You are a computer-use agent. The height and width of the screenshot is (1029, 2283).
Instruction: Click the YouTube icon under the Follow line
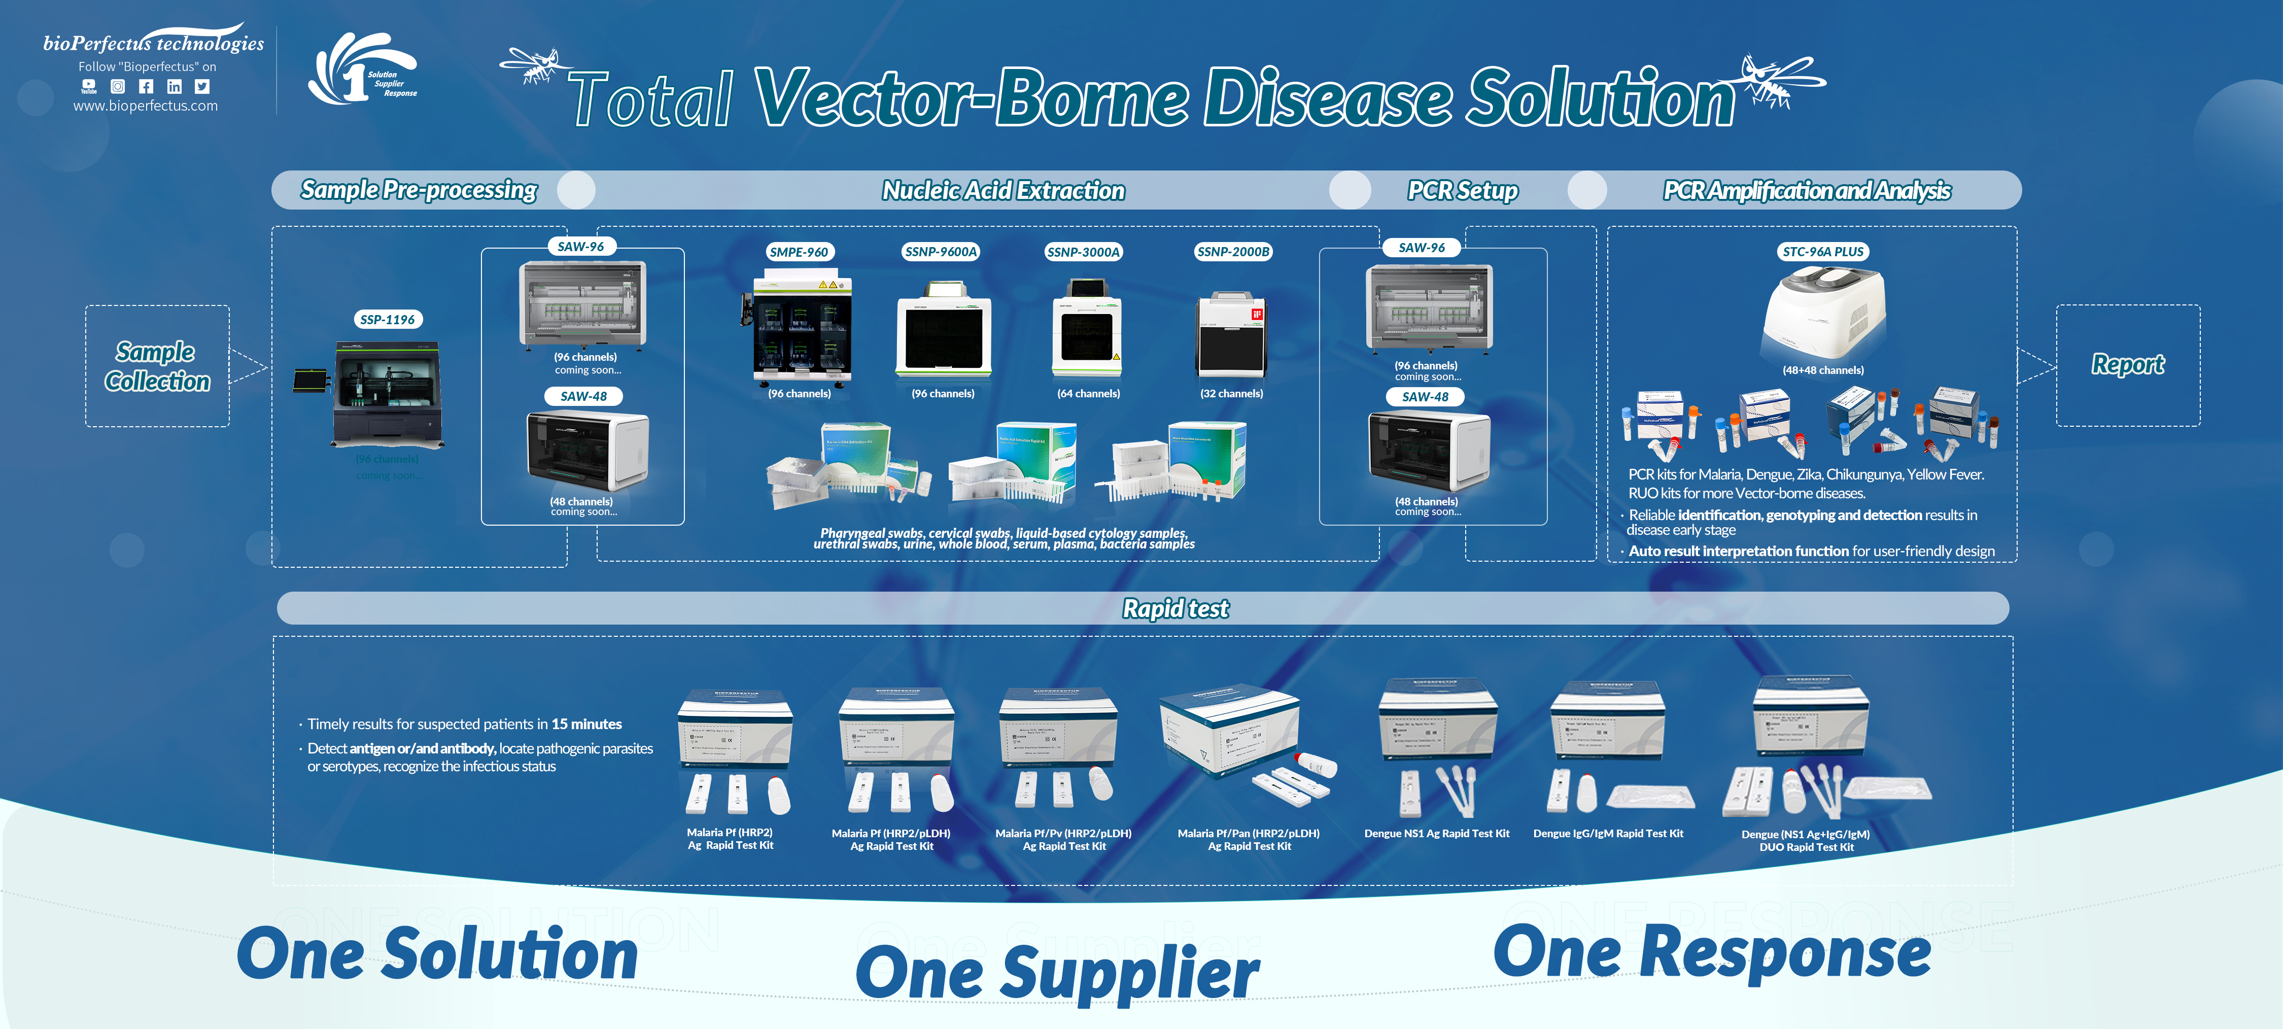(x=89, y=86)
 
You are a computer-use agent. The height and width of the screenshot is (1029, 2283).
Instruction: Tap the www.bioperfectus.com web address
(x=145, y=106)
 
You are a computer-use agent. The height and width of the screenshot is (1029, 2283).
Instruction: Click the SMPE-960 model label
(x=799, y=252)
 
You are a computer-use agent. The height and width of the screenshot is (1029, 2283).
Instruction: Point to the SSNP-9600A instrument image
(x=943, y=332)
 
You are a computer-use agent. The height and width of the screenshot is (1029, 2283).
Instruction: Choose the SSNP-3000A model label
(x=1083, y=252)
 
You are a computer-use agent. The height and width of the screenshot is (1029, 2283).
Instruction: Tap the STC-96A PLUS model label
(x=1823, y=252)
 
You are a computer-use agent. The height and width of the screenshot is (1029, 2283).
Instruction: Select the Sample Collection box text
(x=157, y=366)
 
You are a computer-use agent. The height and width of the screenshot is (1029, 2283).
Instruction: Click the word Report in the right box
(x=2127, y=364)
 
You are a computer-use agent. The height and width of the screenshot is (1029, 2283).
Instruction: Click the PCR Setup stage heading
(x=1462, y=191)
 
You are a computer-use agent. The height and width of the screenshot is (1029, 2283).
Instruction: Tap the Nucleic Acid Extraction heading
(x=1003, y=191)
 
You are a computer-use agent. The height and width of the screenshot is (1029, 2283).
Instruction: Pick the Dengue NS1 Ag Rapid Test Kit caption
(x=1437, y=833)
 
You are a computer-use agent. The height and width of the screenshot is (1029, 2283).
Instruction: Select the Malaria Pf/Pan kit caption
(x=1249, y=839)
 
